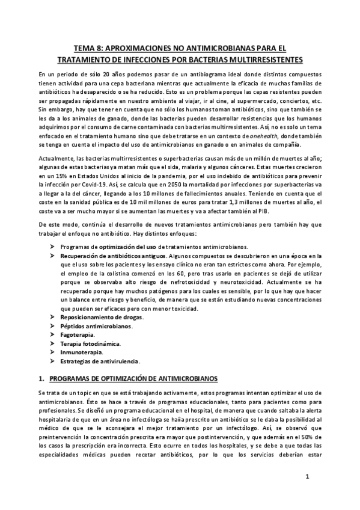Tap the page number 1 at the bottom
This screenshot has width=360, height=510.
pos(307,478)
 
